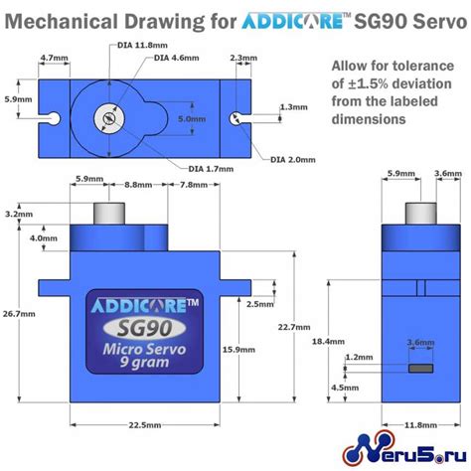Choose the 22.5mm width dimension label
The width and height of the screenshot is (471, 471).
[145, 425]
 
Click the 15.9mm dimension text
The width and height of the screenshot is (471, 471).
[235, 349]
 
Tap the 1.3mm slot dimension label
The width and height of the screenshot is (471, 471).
[294, 106]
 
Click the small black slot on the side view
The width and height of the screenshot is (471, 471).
[421, 367]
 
